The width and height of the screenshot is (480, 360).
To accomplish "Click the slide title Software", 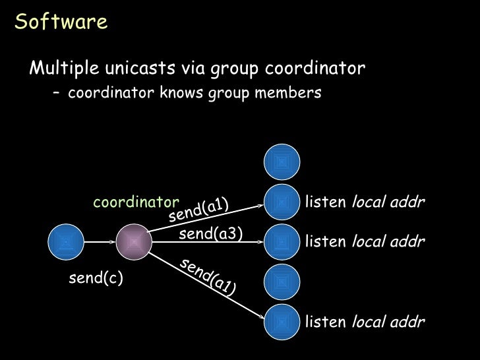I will coord(61,22).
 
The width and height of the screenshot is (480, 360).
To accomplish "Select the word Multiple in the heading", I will coord(63,68).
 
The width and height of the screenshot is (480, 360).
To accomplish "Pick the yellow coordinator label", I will coord(136,202).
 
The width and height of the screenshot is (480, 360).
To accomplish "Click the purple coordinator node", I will coord(134,242).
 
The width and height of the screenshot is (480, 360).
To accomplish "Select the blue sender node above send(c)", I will coord(66,242).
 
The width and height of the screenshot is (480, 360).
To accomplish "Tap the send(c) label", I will coord(96,279).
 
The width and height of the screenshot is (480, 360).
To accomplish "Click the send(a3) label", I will coord(211,233).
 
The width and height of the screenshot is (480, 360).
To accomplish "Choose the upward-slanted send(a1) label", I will coord(198,210).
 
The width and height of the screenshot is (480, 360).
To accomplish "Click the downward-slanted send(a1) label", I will coord(208,276).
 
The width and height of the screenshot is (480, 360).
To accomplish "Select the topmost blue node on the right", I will coord(282,160).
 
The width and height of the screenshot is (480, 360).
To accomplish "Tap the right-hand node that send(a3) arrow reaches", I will coord(282,242).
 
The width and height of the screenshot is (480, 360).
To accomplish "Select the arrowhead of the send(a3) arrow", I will coord(260,242).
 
